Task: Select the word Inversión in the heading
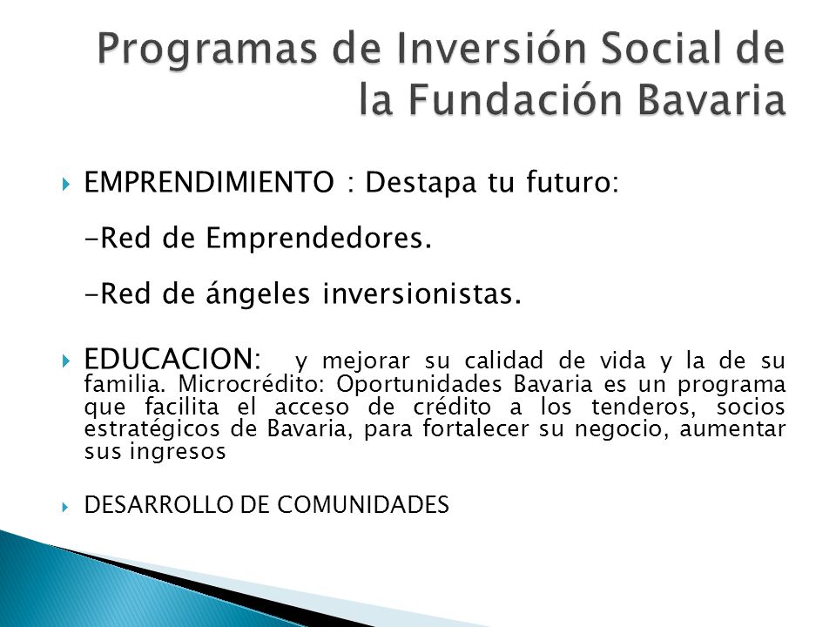click(x=462, y=47)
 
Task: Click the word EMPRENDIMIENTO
click(x=209, y=182)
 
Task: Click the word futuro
click(x=572, y=182)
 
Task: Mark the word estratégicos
click(x=152, y=429)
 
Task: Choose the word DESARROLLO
click(x=158, y=504)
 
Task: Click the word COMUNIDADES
click(x=363, y=504)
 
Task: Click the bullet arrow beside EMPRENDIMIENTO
click(x=66, y=185)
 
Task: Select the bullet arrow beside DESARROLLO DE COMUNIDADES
click(x=66, y=507)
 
